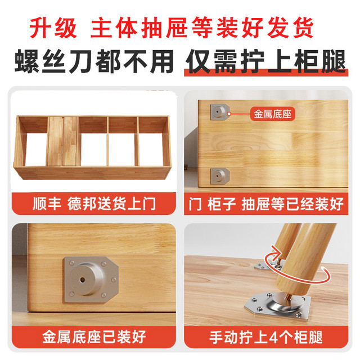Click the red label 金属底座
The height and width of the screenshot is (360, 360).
point(272,114)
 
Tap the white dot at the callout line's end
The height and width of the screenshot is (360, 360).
point(229,114)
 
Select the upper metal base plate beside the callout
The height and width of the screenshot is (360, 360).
point(220,112)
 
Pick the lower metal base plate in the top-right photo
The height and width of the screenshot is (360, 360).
point(220,175)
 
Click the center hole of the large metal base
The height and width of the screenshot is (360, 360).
point(83,280)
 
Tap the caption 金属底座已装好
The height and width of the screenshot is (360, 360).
point(94,337)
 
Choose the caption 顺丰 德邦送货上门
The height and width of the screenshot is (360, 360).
point(94,204)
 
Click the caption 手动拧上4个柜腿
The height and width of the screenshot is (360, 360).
point(266,337)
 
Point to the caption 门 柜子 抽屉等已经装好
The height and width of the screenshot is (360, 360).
point(266,204)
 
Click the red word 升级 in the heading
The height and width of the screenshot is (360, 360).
point(53,28)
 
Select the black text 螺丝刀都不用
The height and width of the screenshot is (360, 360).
point(94,61)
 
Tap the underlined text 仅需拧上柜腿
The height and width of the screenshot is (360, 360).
point(266,61)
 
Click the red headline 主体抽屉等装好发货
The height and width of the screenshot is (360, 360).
point(202,28)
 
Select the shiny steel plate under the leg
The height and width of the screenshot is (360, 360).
point(278,304)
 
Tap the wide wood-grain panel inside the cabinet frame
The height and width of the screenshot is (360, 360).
point(62,141)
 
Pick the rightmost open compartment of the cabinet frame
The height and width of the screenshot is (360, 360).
point(151,149)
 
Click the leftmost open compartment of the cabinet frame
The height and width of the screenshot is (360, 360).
point(36,149)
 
